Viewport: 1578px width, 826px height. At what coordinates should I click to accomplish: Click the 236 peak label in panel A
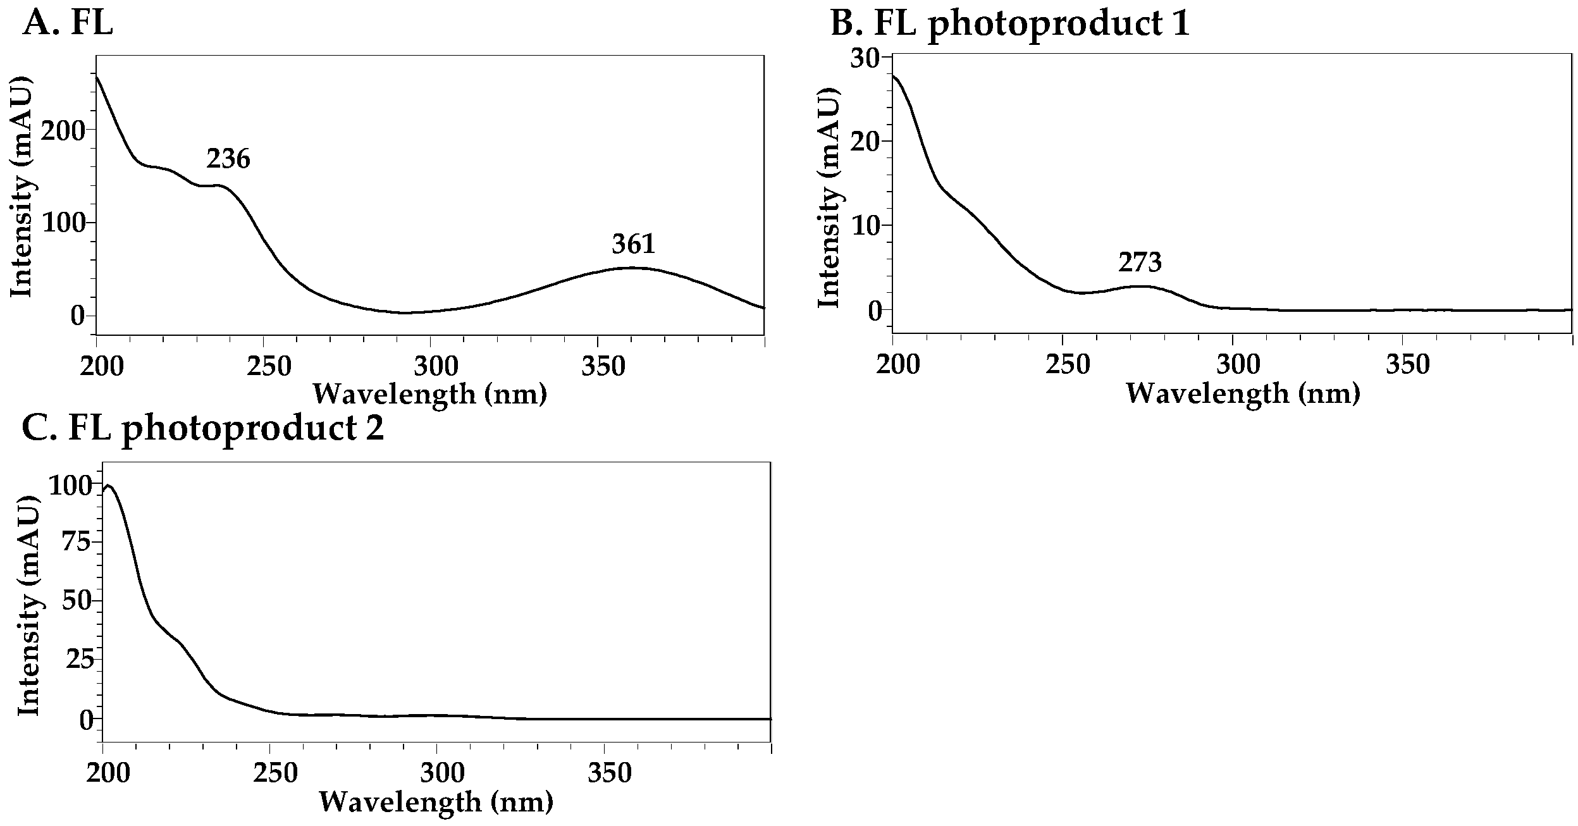click(x=228, y=159)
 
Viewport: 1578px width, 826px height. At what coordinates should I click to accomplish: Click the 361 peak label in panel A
click(x=634, y=244)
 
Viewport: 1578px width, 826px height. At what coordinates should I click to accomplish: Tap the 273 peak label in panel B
click(x=1140, y=262)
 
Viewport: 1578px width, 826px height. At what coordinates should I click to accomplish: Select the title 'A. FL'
click(x=68, y=24)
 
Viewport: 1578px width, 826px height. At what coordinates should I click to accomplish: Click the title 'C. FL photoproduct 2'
click(x=203, y=429)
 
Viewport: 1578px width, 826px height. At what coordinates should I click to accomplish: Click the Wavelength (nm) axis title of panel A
click(x=430, y=394)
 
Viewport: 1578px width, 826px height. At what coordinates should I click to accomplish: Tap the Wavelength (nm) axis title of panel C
click(x=436, y=802)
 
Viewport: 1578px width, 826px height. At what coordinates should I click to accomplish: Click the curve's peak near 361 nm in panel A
click(x=632, y=268)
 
